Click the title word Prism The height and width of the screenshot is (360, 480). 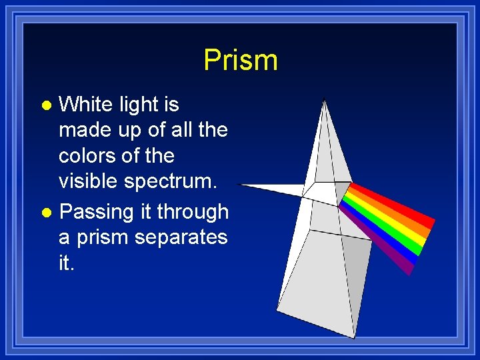pyautogui.click(x=240, y=60)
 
